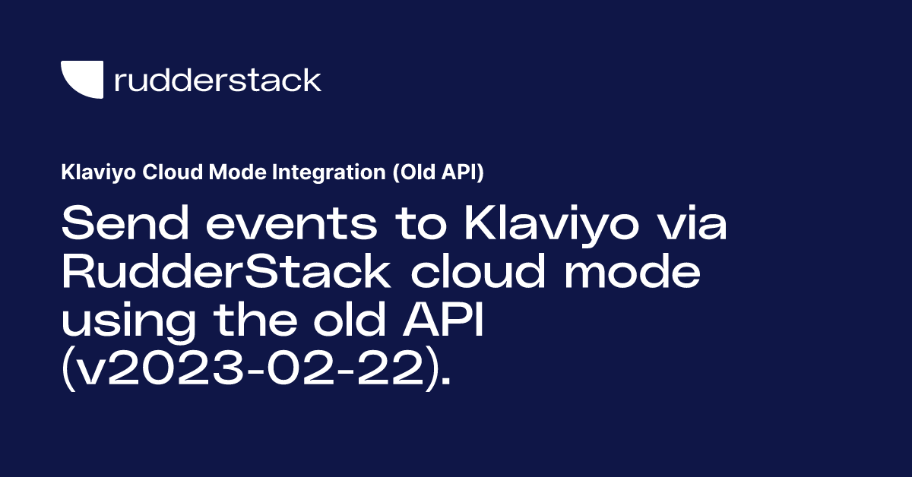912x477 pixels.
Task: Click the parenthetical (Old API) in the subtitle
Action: click(x=437, y=173)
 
